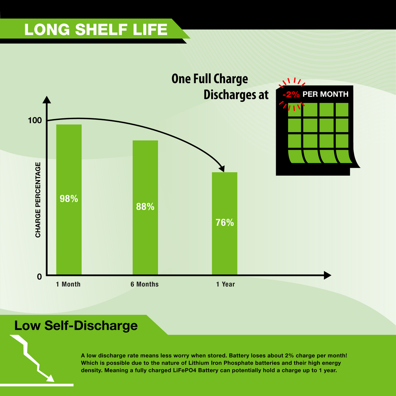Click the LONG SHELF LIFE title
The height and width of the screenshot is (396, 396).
[96, 29]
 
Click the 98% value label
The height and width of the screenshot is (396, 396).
[69, 199]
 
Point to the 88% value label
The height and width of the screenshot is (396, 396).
[145, 207]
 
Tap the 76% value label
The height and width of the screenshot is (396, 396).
[224, 223]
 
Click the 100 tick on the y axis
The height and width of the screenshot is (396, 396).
[35, 121]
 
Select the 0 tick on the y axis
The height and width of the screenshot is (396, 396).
[39, 277]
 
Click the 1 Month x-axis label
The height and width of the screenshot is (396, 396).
[68, 284]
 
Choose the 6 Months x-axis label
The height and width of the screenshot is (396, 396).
[144, 284]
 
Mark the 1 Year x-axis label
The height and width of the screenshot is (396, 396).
[225, 284]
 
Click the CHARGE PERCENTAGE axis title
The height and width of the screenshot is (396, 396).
[38, 200]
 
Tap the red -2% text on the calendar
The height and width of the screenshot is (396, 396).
[291, 94]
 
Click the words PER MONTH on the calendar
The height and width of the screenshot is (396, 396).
[325, 94]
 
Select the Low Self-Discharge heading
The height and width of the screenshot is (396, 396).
[76, 326]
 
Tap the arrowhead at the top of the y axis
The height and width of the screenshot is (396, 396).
[46, 100]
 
